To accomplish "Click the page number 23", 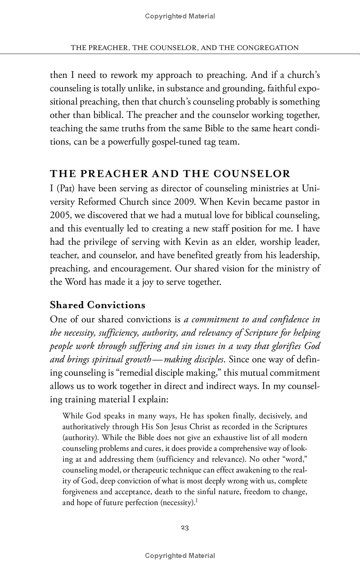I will (184, 528).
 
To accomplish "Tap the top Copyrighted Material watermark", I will (180, 16).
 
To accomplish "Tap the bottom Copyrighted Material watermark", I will (180, 556).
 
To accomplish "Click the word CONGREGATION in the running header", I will (266, 47).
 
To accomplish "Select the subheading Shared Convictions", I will (97, 305).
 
